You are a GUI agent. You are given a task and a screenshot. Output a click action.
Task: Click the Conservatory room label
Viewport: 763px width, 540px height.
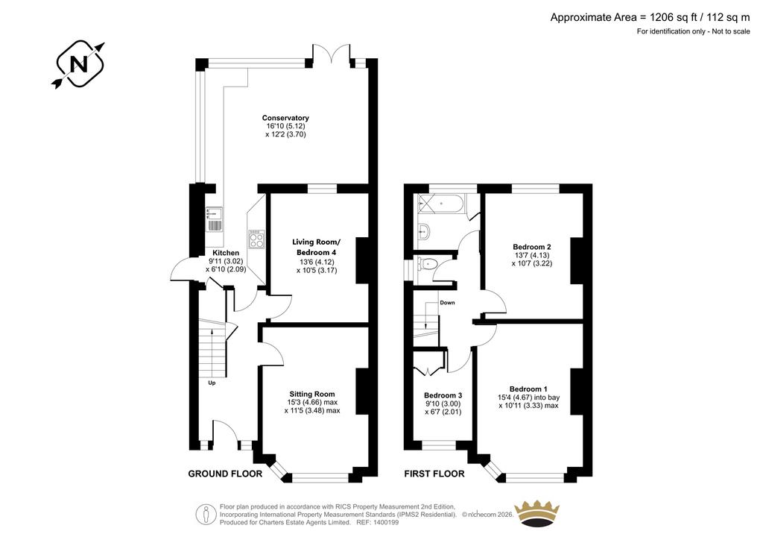point(285,118)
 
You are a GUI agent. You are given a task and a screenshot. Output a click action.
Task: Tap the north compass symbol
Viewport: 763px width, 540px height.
point(78,64)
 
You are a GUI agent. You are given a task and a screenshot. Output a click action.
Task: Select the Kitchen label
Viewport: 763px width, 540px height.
point(226,253)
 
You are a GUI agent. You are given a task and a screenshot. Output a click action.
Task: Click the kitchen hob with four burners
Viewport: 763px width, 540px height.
point(256,239)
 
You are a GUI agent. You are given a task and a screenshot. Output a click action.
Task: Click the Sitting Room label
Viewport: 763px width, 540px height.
point(312,395)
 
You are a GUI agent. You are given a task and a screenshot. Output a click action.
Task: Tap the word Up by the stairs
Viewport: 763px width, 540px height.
point(212,383)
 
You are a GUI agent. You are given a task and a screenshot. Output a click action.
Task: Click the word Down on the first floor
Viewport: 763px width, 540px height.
point(447,302)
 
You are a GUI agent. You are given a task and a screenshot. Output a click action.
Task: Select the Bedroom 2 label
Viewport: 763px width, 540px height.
point(532,247)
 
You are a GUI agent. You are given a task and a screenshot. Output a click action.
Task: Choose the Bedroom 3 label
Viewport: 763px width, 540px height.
point(443,395)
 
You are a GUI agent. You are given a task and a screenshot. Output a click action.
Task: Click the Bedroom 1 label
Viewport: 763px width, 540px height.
point(528,389)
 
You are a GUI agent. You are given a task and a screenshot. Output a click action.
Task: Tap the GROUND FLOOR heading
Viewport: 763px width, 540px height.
point(225,474)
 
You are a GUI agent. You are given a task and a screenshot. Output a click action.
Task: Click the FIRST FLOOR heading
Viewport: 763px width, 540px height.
point(434,474)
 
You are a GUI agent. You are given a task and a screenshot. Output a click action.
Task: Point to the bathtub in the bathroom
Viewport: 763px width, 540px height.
point(441,204)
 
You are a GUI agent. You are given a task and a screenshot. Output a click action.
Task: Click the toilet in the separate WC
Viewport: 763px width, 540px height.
point(427,264)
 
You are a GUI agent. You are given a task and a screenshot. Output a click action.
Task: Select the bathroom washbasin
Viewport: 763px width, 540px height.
point(423,231)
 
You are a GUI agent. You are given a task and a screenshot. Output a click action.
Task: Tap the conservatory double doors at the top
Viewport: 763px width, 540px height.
point(332,54)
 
